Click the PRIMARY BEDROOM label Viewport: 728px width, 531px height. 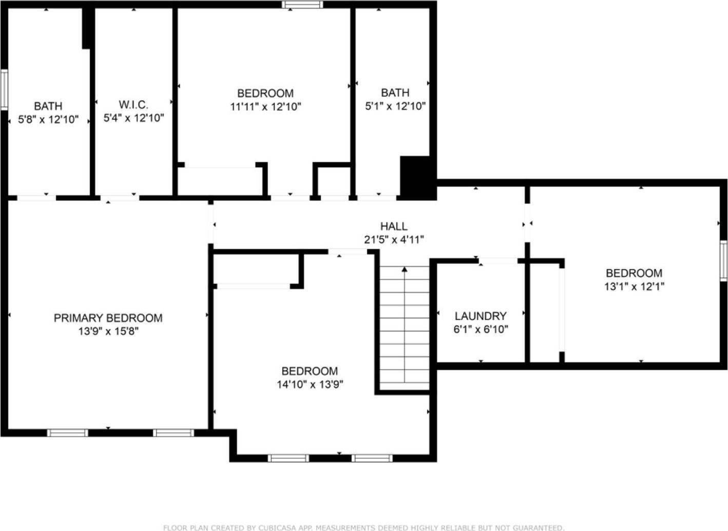108,318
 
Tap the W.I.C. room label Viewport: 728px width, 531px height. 133,105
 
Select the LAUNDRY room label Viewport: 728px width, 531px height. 481,316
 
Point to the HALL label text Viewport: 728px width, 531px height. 394,226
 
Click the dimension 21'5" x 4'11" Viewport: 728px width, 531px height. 394,239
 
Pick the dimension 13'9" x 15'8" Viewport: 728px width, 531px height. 108,331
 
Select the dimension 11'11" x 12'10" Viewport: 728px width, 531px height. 265,107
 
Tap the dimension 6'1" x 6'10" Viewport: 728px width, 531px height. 481,329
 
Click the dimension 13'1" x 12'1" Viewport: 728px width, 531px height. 634,287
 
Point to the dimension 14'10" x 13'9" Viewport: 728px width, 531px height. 310,384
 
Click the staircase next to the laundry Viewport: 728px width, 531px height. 405,329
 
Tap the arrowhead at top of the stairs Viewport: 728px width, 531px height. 405,269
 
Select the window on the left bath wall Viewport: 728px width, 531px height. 4,90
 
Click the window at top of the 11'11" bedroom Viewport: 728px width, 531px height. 302,5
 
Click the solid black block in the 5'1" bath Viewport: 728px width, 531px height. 417,177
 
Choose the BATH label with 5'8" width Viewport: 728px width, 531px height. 48,106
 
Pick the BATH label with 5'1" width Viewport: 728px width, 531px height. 395,93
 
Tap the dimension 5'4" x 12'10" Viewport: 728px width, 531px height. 133,118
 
